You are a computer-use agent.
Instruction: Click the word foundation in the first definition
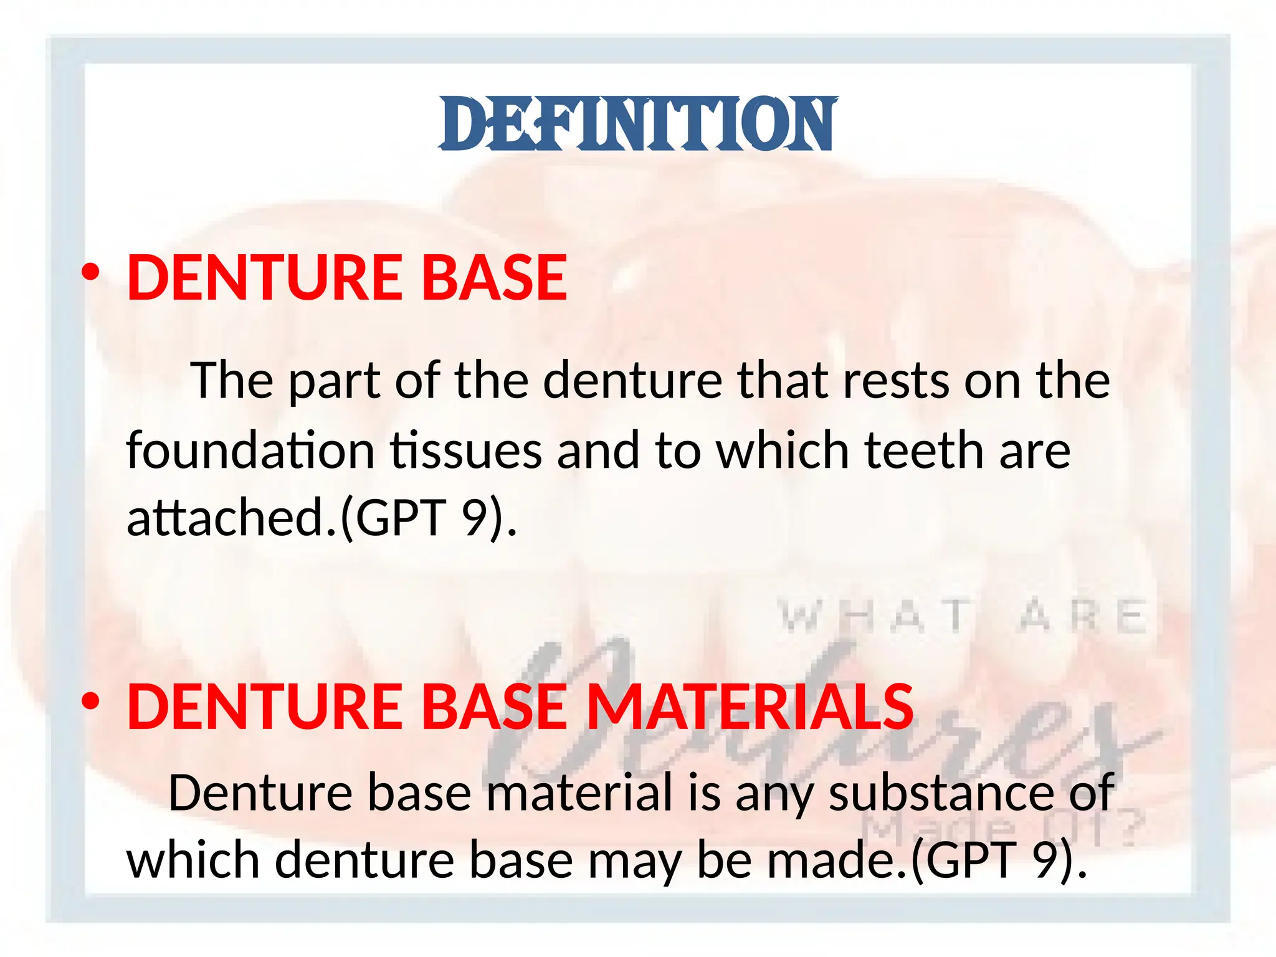point(250,450)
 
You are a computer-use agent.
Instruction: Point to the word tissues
point(466,450)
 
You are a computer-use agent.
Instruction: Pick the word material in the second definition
point(579,793)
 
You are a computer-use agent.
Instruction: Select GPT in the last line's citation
point(972,860)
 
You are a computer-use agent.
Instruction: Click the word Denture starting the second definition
point(260,793)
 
